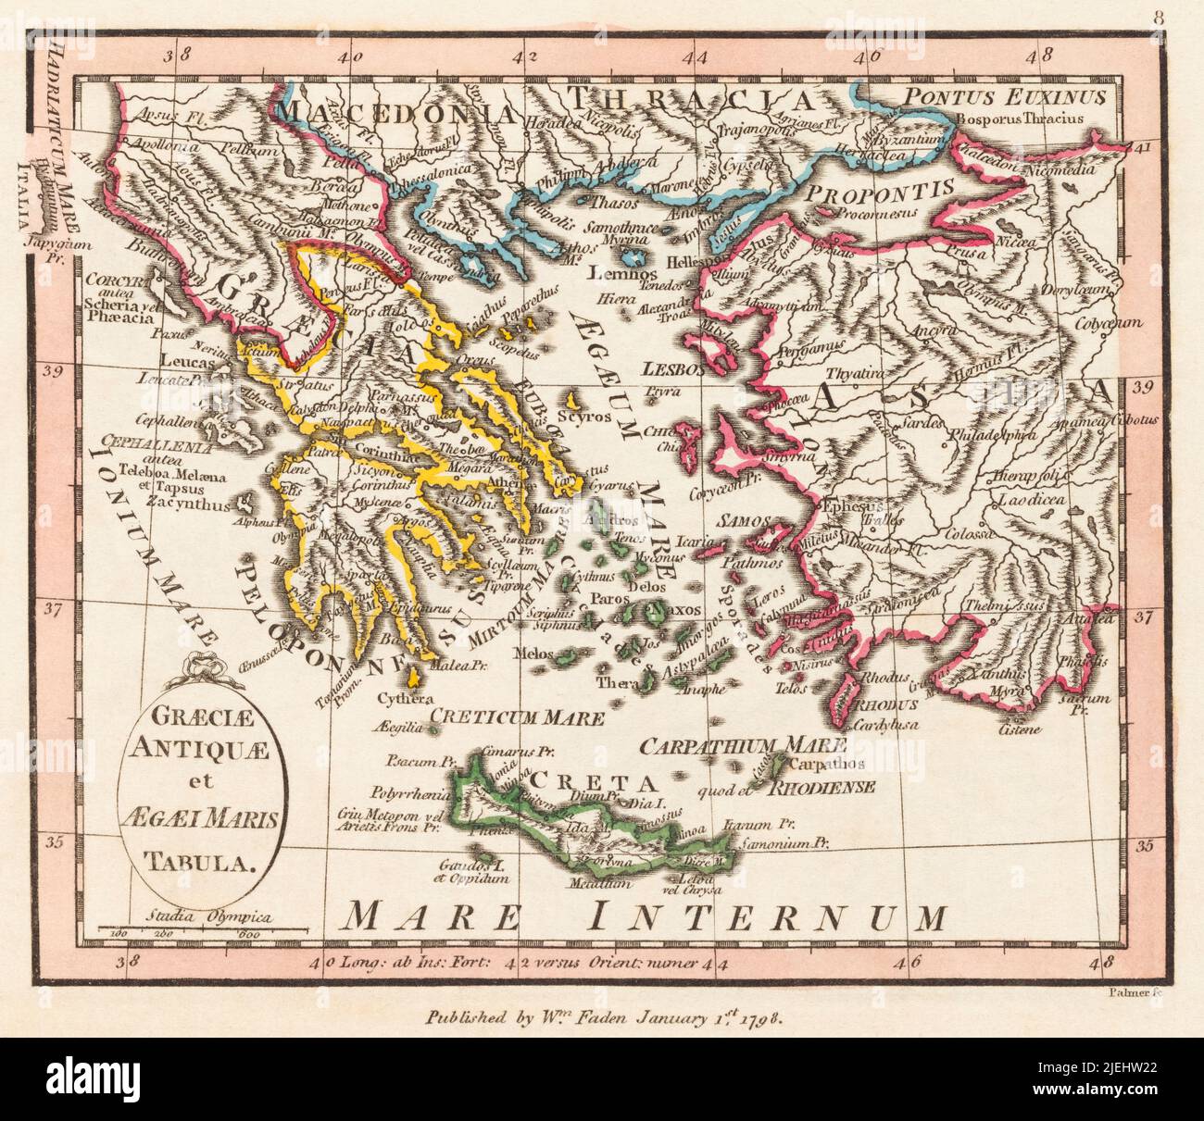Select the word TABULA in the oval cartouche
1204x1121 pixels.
point(198,864)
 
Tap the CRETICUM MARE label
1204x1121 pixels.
point(519,716)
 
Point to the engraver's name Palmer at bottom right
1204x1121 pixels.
point(1128,993)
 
